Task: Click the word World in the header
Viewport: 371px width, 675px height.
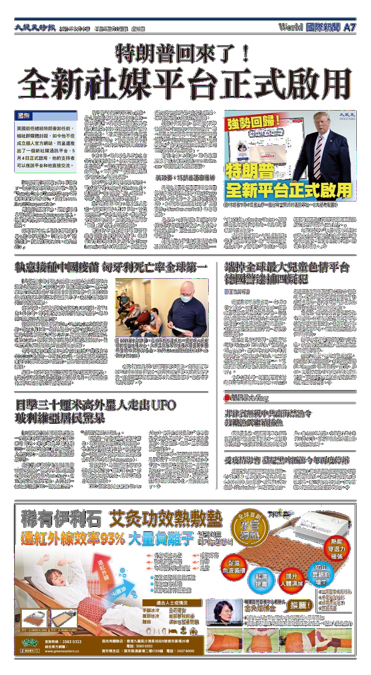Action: coord(290,27)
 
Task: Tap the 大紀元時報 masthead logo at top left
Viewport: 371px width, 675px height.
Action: coord(35,28)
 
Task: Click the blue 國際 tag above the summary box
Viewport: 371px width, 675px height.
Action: coord(24,116)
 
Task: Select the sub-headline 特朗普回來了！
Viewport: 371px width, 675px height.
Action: coord(183,54)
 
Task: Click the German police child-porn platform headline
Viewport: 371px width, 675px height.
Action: coord(287,273)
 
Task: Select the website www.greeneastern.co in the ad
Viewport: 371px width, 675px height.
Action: coord(62,651)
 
